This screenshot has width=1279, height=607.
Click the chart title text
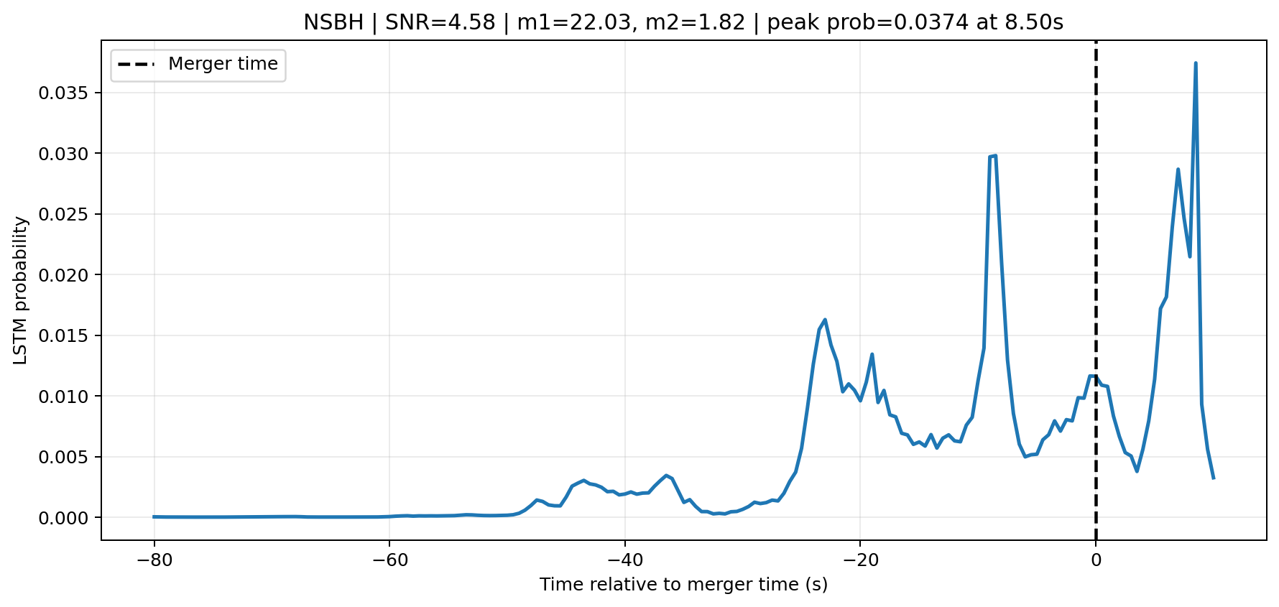coord(683,22)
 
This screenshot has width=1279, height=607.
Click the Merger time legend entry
coord(198,65)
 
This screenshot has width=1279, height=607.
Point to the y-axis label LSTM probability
coord(21,290)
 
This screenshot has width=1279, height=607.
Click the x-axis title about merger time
coord(683,585)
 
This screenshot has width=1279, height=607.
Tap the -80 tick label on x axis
coord(154,560)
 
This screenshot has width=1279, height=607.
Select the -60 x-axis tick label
coord(389,560)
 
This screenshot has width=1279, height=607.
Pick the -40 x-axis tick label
coord(624,560)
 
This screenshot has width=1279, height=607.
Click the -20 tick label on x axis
coord(859,560)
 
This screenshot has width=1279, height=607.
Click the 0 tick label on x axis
coord(1096,560)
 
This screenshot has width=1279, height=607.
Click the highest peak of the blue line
coord(1196,63)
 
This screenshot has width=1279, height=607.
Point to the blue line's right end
coord(1213,478)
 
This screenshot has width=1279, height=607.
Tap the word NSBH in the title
coord(333,22)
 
